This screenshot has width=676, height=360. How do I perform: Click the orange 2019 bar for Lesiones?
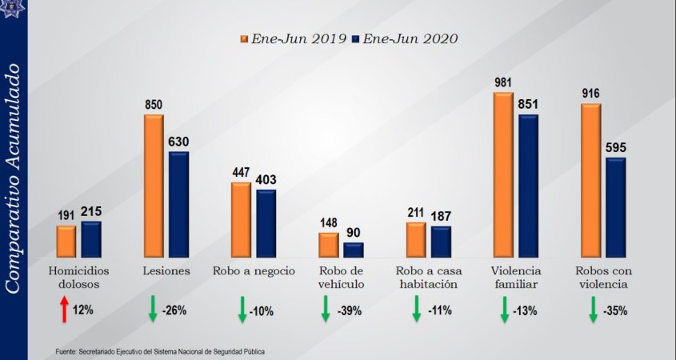pyautogui.click(x=154, y=186)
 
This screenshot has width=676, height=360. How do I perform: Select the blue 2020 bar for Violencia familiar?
pyautogui.click(x=528, y=186)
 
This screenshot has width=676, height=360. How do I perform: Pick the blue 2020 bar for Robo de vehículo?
pyautogui.click(x=353, y=249)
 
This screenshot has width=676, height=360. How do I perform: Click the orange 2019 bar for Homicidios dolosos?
pyautogui.click(x=66, y=241)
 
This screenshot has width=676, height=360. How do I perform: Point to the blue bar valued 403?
pyautogui.click(x=266, y=223)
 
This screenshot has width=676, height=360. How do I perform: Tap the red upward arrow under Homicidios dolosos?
pyautogui.click(x=64, y=309)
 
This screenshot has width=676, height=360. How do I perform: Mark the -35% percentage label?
pyautogui.click(x=615, y=310)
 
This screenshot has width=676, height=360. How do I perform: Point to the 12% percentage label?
pyautogui.click(x=82, y=310)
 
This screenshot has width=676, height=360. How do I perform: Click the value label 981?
pyautogui.click(x=503, y=81)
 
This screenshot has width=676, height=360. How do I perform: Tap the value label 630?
pyautogui.click(x=178, y=142)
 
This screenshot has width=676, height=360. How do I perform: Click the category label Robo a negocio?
pyautogui.click(x=255, y=270)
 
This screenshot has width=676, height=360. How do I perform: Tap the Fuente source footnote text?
pyautogui.click(x=160, y=351)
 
